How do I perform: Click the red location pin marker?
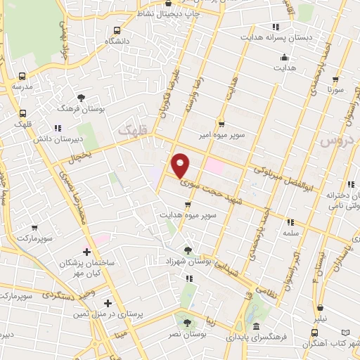(x=181, y=165)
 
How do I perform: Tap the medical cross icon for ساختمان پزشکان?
(x=86, y=251)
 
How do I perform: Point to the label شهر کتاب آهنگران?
(x=330, y=343)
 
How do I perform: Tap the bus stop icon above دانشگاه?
(x=117, y=30)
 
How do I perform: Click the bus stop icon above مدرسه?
(x=22, y=76)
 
